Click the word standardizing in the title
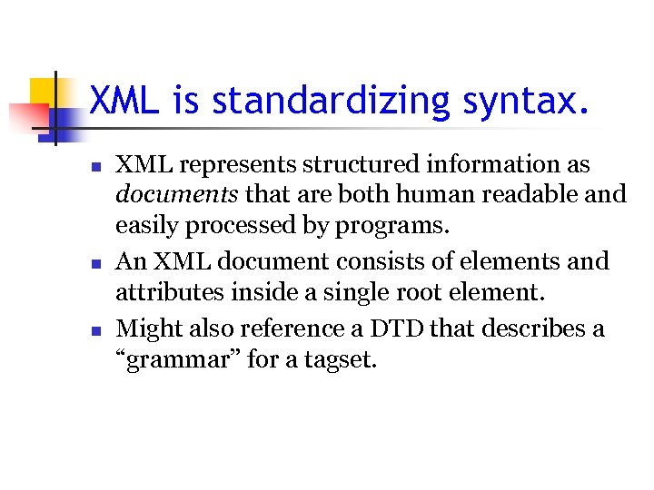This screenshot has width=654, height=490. [x=331, y=101]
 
